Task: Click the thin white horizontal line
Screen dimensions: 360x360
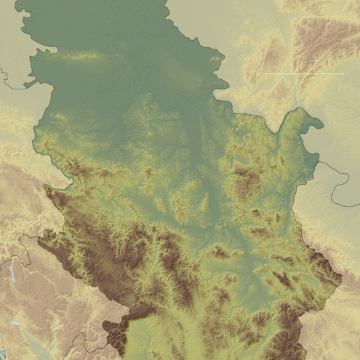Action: [x=303, y=73]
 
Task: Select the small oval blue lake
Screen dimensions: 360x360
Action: [x=15, y=323]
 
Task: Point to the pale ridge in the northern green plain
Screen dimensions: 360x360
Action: [x=87, y=57]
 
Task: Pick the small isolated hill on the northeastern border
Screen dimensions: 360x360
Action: [x=215, y=60]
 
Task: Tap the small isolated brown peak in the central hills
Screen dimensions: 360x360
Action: [x=147, y=171]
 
